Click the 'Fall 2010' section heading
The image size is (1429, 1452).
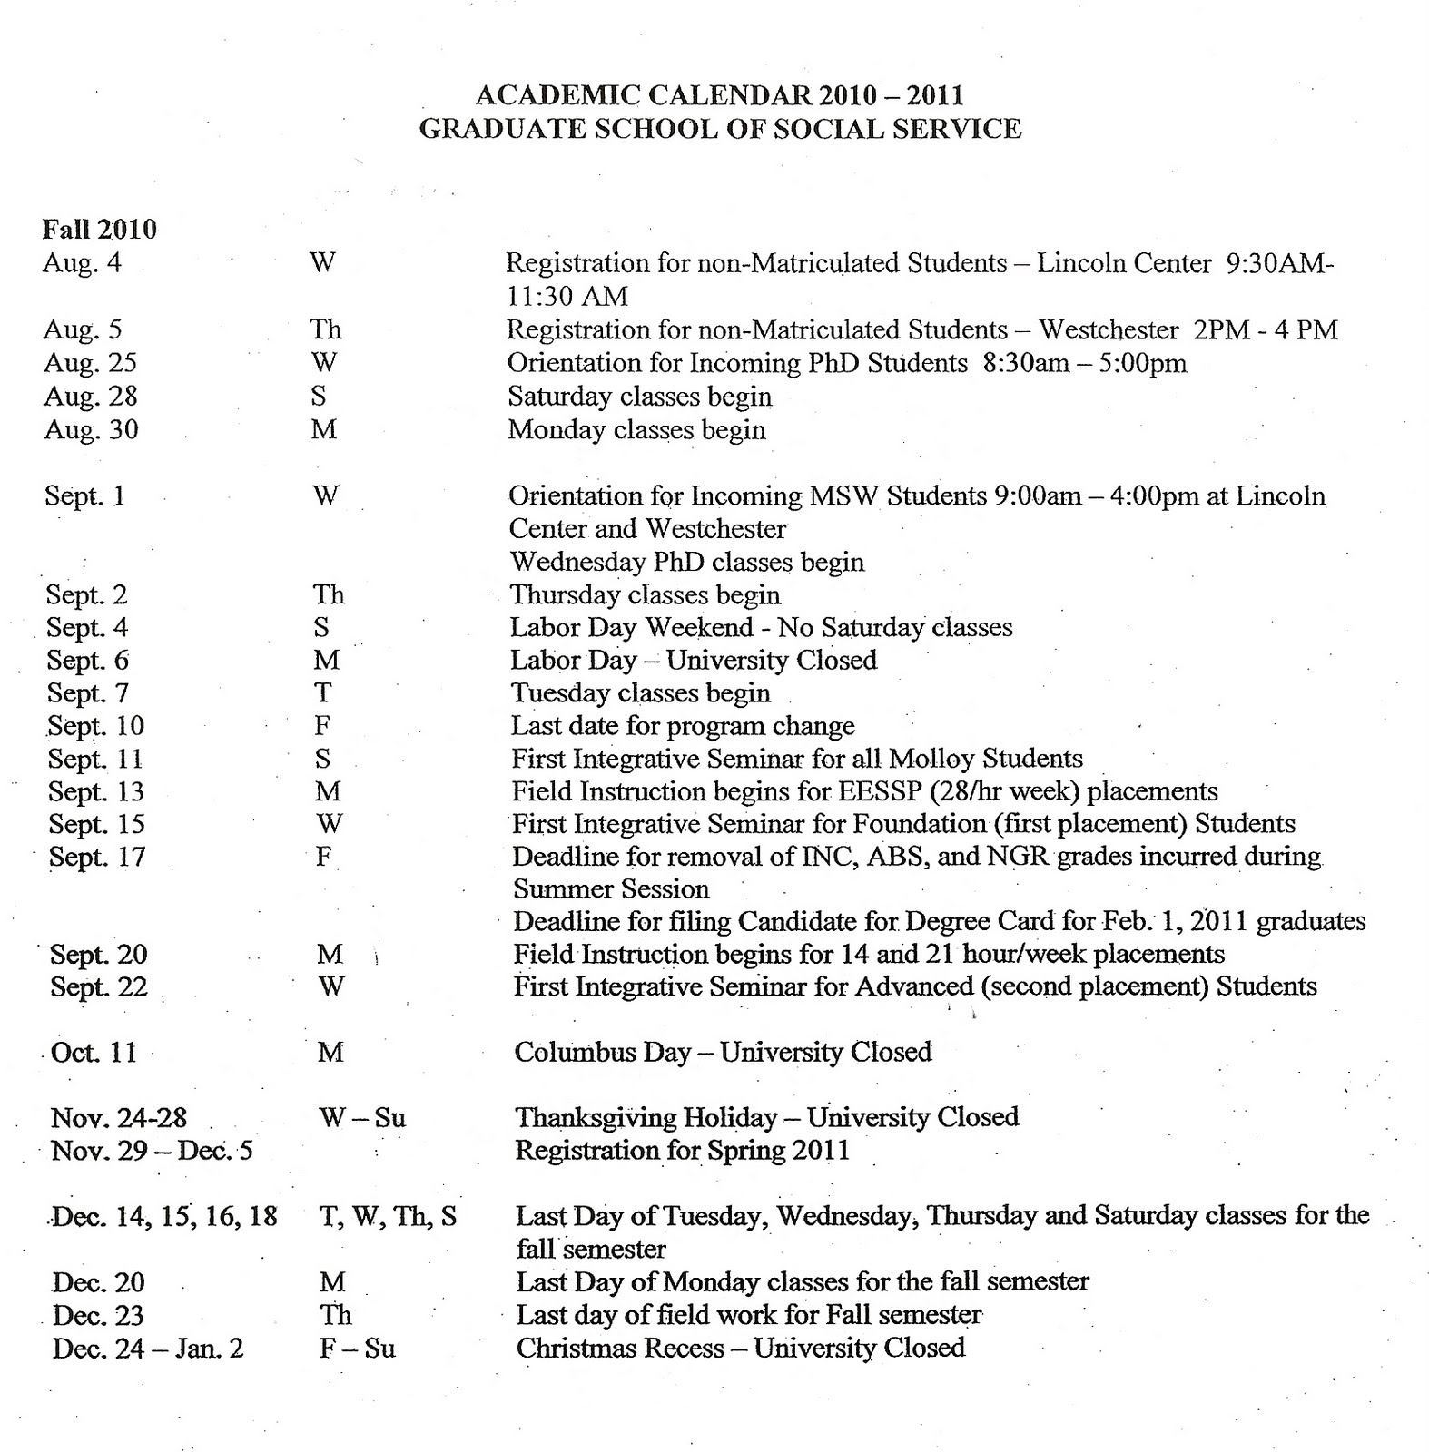[99, 229]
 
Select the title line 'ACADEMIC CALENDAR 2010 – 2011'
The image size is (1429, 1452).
[719, 95]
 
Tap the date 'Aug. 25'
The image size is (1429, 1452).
[90, 363]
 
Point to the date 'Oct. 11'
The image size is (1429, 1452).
[94, 1053]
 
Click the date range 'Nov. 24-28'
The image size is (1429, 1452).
[119, 1118]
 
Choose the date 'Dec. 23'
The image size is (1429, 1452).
[97, 1315]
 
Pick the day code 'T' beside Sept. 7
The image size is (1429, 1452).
[322, 693]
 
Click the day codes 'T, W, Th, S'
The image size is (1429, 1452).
[388, 1216]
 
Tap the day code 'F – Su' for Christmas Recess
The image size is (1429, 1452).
[357, 1348]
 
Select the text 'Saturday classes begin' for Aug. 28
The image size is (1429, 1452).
[639, 397]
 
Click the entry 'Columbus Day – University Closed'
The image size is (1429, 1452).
[723, 1052]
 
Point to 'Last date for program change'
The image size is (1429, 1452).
[683, 726]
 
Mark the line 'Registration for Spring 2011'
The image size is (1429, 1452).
[682, 1151]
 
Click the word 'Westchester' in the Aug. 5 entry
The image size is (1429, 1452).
[1109, 329]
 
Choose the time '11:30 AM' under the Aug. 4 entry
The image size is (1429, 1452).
[567, 296]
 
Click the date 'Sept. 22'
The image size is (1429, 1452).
[98, 986]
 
